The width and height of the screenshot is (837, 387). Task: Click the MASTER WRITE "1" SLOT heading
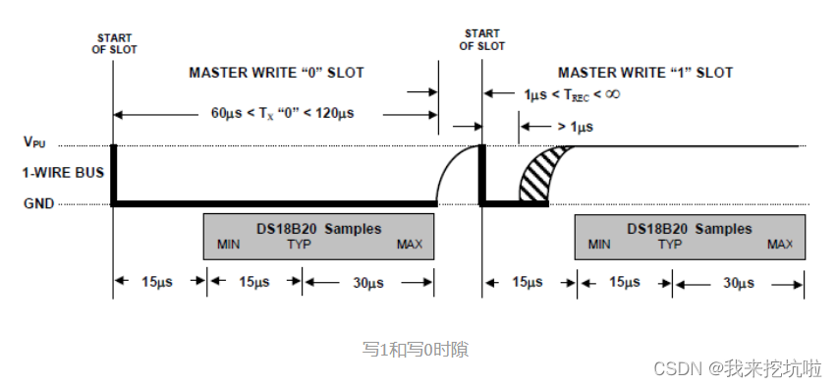(x=645, y=73)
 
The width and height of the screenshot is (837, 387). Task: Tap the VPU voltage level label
(x=33, y=142)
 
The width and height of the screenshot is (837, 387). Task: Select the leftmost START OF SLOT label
(x=114, y=43)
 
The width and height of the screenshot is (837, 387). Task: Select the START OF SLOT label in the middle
(x=482, y=39)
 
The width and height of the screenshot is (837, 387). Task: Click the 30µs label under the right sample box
(x=738, y=283)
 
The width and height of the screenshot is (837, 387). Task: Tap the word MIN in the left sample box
(x=228, y=244)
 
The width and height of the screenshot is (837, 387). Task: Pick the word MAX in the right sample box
(x=780, y=244)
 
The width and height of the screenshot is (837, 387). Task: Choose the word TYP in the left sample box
(x=300, y=244)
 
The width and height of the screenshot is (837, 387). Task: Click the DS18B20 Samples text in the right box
(x=689, y=228)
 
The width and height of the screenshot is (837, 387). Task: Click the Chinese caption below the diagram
(x=416, y=348)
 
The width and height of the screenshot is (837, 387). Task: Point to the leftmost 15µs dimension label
(x=160, y=283)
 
